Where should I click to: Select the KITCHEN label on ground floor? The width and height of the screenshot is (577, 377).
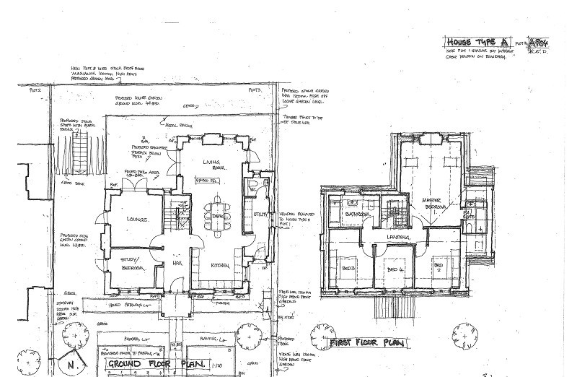[220, 266]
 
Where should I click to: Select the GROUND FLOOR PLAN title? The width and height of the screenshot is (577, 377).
[157, 363]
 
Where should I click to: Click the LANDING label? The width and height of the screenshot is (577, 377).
[397, 238]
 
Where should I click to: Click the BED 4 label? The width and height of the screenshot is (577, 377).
[393, 269]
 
